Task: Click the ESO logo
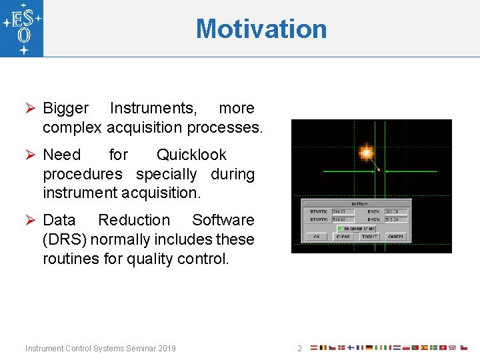click(22, 28)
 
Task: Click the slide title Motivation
click(261, 29)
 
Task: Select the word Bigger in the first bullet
click(65, 108)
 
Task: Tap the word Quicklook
click(191, 155)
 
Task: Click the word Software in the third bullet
click(223, 220)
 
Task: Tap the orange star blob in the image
click(365, 153)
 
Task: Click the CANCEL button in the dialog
click(395, 237)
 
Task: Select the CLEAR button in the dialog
click(343, 237)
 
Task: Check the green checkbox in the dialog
click(339, 228)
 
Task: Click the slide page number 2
click(299, 349)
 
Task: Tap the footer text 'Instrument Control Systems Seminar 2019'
click(101, 349)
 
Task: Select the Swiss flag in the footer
click(443, 348)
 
